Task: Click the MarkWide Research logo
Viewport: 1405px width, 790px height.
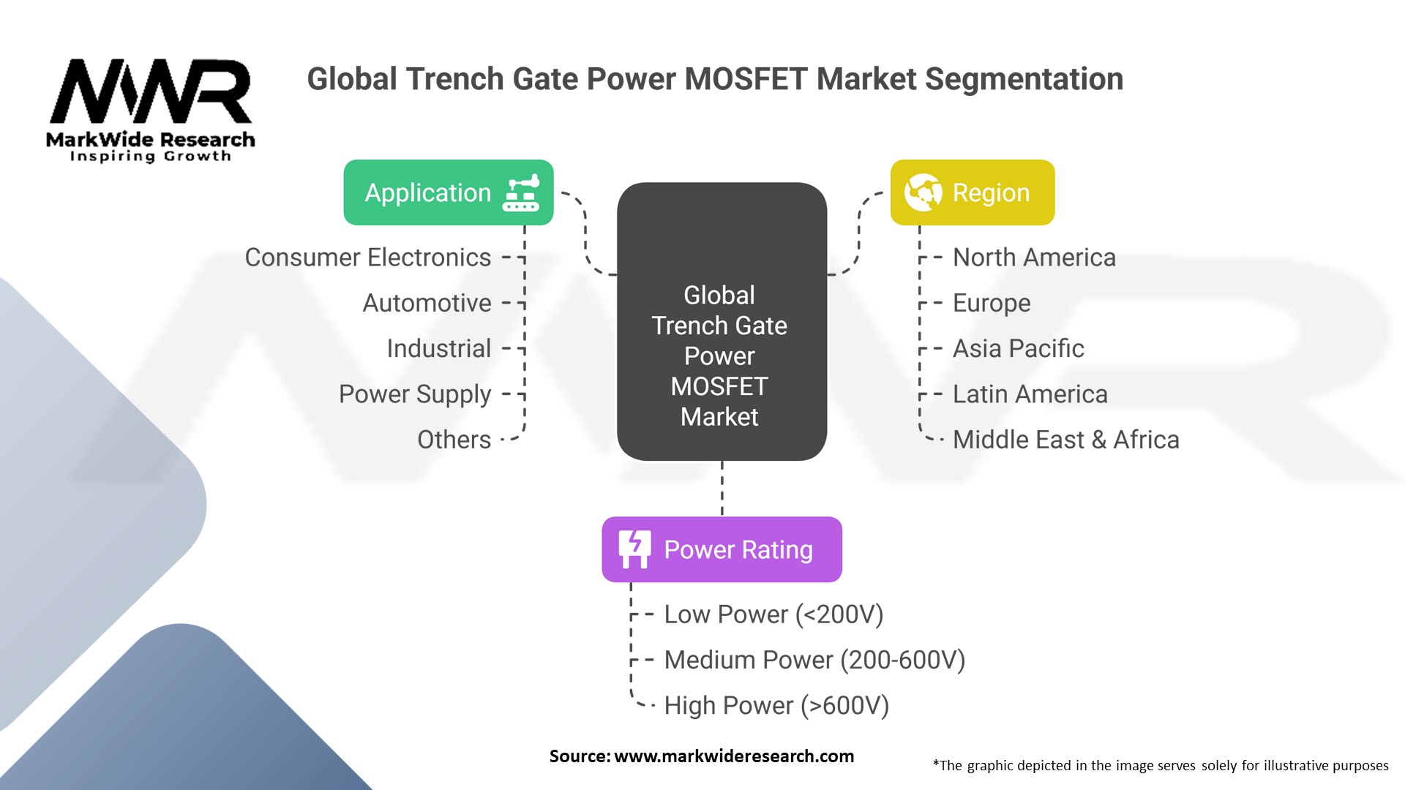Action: point(151,110)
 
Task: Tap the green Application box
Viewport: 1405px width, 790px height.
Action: point(448,192)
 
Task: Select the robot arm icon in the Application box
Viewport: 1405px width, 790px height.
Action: point(521,193)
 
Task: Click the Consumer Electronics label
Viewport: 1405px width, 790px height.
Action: point(367,257)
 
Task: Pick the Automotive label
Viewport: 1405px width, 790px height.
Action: point(427,303)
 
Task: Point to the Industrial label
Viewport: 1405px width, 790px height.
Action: point(438,348)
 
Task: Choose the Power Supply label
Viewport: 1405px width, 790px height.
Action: point(415,394)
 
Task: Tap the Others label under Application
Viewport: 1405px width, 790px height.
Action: point(454,440)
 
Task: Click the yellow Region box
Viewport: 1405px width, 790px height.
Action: point(972,192)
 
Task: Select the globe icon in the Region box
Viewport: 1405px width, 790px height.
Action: point(923,192)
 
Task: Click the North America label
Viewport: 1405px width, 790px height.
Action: point(1034,257)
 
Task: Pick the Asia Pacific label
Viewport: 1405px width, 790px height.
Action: point(1018,348)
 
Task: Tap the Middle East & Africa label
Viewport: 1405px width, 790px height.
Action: point(1065,440)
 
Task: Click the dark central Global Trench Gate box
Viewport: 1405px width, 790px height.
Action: point(722,322)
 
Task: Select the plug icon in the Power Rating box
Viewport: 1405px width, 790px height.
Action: point(634,549)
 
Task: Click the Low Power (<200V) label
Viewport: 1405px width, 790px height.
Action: point(773,614)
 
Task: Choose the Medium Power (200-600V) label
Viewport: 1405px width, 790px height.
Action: point(814,660)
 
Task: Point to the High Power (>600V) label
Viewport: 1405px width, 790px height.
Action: point(776,705)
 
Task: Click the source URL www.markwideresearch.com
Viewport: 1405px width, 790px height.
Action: point(733,756)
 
